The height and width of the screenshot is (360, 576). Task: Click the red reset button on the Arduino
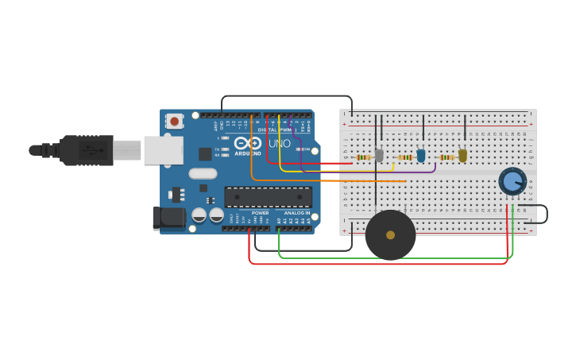coord(174,121)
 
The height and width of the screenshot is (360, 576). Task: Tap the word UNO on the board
coord(280,144)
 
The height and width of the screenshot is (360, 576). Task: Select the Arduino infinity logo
coord(248,144)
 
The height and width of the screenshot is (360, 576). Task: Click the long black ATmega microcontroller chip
coord(268,197)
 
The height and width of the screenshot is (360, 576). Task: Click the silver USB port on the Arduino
coord(163,150)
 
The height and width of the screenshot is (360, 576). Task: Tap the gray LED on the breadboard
coord(379,156)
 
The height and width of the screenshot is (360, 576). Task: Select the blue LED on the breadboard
coord(421,156)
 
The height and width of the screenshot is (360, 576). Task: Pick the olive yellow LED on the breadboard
coord(462,156)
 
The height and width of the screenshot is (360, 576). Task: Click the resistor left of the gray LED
coord(363,157)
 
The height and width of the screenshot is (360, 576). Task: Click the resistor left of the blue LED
coord(405,157)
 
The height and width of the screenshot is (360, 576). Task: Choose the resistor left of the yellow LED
coord(446,157)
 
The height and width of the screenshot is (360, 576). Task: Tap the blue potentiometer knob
coord(512,181)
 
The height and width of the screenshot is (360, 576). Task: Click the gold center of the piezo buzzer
coord(390,235)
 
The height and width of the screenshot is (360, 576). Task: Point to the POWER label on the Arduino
coord(260,213)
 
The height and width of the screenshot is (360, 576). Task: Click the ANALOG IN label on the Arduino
coord(297,213)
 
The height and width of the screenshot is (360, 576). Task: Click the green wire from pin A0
coord(397,257)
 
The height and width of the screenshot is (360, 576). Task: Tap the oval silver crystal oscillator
coord(203,173)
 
